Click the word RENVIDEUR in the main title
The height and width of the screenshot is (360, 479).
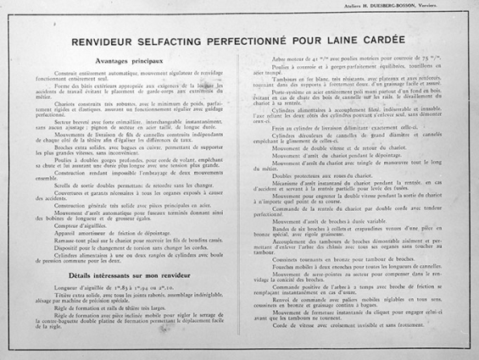pyautogui.click(x=108, y=42)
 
